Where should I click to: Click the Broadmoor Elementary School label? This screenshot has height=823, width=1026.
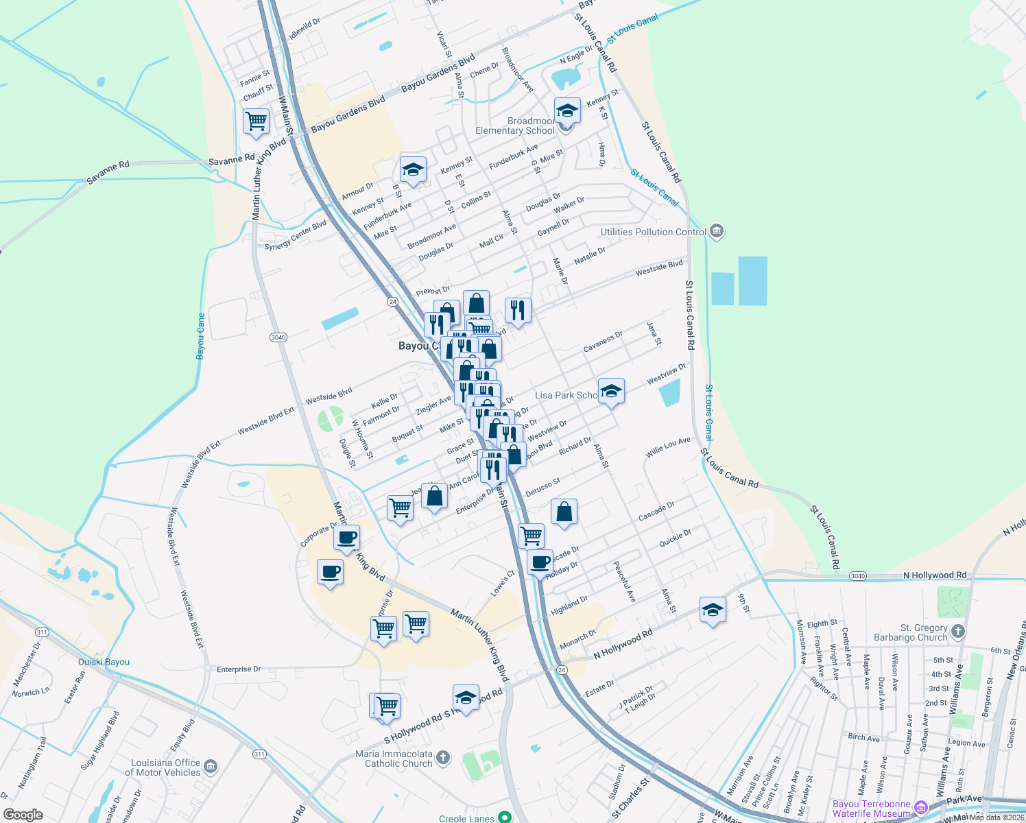click(515, 126)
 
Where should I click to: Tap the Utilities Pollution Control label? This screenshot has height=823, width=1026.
click(653, 232)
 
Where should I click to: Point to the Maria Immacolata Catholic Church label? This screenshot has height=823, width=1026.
click(394, 759)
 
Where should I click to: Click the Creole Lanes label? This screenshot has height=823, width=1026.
click(466, 818)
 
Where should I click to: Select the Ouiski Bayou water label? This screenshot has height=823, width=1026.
click(104, 662)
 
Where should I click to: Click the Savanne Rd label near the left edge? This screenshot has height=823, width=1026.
click(108, 173)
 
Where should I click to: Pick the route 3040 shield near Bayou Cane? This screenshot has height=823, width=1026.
click(278, 337)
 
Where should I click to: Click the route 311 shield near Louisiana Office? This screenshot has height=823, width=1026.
click(259, 754)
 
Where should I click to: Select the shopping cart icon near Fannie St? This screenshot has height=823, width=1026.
click(256, 121)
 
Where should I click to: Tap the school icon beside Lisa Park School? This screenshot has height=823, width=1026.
click(611, 392)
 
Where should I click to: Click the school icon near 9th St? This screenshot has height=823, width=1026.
click(713, 609)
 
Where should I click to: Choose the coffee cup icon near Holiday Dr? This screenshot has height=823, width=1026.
click(540, 562)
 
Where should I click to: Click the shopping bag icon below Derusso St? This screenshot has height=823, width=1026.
click(564, 512)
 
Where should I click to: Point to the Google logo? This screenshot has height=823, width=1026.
click(23, 814)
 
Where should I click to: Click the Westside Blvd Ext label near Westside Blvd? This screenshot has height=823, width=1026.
click(266, 420)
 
